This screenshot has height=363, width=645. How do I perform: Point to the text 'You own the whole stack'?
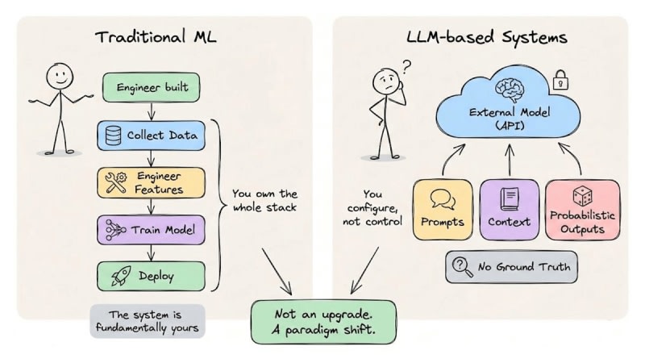(264, 201)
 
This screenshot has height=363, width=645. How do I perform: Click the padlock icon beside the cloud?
(558, 81)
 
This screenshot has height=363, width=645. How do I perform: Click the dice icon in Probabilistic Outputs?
(582, 194)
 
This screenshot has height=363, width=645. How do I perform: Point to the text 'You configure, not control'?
(372, 207)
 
